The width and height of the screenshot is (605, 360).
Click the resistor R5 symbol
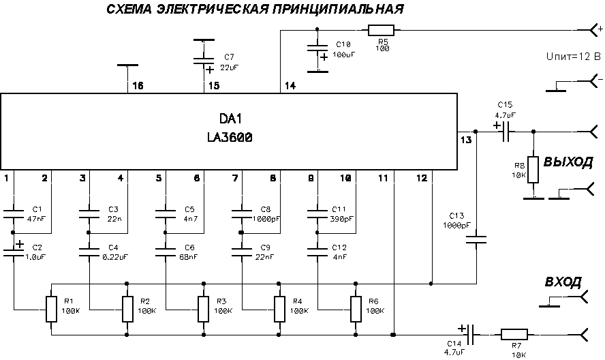[381, 30]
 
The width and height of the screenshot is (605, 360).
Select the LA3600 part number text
[230, 137]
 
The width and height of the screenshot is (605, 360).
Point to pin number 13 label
[466, 140]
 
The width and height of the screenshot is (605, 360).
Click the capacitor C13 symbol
[476, 239]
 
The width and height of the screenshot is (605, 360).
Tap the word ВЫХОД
[568, 162]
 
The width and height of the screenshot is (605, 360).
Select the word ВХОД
[563, 282]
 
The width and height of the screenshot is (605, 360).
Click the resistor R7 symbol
[513, 335]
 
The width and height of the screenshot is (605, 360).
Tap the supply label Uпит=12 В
[574, 56]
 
